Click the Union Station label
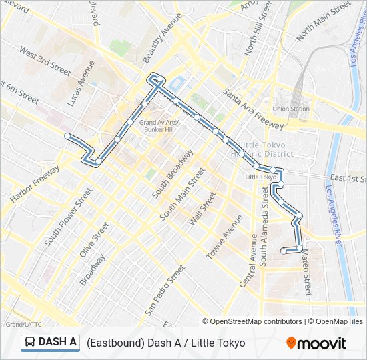click(x=291, y=109)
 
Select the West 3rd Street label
click(x=45, y=61)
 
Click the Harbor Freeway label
click(x=35, y=183)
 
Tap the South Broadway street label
click(x=172, y=173)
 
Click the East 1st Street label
click(x=348, y=179)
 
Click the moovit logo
click(x=316, y=343)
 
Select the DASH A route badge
click(x=50, y=343)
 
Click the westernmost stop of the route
click(x=67, y=136)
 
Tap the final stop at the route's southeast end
click(x=284, y=251)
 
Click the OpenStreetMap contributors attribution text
click(x=254, y=321)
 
